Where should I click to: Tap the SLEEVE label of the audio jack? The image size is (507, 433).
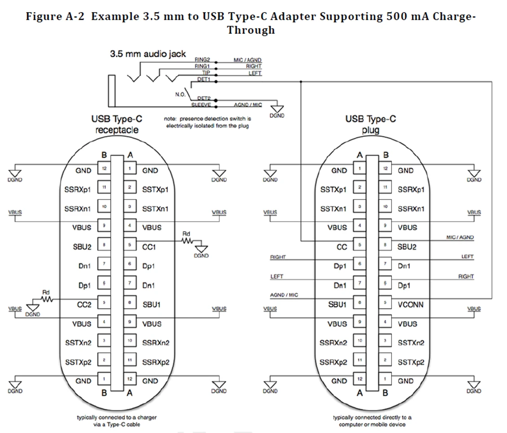(x=200, y=105)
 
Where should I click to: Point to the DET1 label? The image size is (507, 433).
(x=204, y=79)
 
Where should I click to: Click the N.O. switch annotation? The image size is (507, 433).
(x=180, y=95)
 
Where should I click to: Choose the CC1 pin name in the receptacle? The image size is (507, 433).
(x=151, y=247)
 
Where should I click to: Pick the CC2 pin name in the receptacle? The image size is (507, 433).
(x=83, y=304)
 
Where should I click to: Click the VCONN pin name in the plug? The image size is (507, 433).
(x=411, y=304)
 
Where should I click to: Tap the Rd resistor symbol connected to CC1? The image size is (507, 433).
(x=187, y=241)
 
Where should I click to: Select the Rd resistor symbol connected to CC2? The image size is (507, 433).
(x=47, y=299)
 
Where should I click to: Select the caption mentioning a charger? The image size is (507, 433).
(x=116, y=420)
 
